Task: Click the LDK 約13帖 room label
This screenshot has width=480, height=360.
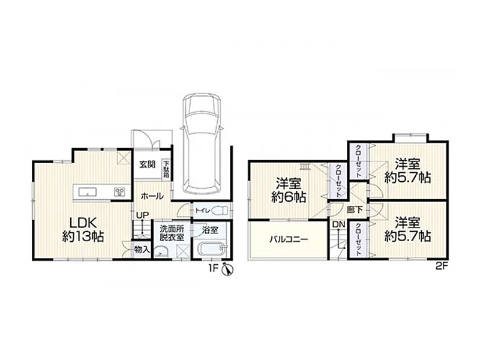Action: (x=83, y=229)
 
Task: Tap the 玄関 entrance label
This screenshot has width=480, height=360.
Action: (x=148, y=164)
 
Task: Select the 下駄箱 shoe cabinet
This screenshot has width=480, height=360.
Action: (x=166, y=169)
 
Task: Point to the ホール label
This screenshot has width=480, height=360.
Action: (x=152, y=196)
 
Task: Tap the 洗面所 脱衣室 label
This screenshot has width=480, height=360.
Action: (x=172, y=233)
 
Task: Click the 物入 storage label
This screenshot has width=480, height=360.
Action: (x=142, y=250)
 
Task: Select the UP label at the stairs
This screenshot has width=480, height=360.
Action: (x=143, y=215)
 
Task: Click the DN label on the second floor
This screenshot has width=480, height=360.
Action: (x=338, y=224)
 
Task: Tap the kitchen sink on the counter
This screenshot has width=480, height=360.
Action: (x=88, y=192)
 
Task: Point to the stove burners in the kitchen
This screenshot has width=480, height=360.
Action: (x=119, y=192)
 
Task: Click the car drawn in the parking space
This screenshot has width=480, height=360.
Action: (x=201, y=143)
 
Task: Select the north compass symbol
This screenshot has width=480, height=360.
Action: (x=228, y=269)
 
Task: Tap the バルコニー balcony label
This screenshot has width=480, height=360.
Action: (x=289, y=239)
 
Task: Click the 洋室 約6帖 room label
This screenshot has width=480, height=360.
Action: (x=289, y=190)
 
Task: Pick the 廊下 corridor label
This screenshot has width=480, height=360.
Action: (x=355, y=210)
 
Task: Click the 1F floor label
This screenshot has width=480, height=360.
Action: (x=214, y=268)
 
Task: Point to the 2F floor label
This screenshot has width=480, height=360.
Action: (x=442, y=266)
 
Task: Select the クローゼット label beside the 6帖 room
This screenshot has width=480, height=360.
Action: (x=338, y=181)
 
